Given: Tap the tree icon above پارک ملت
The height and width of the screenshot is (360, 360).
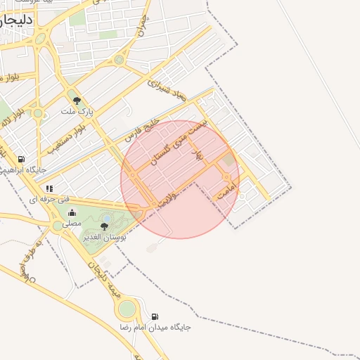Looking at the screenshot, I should pyautogui.click(x=77, y=100).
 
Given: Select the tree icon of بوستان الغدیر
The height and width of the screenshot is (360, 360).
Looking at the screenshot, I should pyautogui.click(x=105, y=226).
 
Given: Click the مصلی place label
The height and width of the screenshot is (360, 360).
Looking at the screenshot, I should pyautogui.click(x=72, y=224).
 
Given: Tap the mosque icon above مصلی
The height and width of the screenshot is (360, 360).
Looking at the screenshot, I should pyautogui.click(x=72, y=213).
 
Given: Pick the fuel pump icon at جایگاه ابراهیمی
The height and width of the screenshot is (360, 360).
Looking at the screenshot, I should pyautogui.click(x=21, y=160).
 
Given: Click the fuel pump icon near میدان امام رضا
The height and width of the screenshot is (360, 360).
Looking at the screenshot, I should pyautogui.click(x=155, y=316).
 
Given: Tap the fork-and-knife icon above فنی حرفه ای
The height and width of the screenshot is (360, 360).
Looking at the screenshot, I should pyautogui.click(x=49, y=188).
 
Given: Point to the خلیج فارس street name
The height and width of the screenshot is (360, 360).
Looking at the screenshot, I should pyautogui.click(x=139, y=131).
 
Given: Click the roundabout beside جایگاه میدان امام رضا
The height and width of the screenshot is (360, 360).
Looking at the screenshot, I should pyautogui.click(x=127, y=308).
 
